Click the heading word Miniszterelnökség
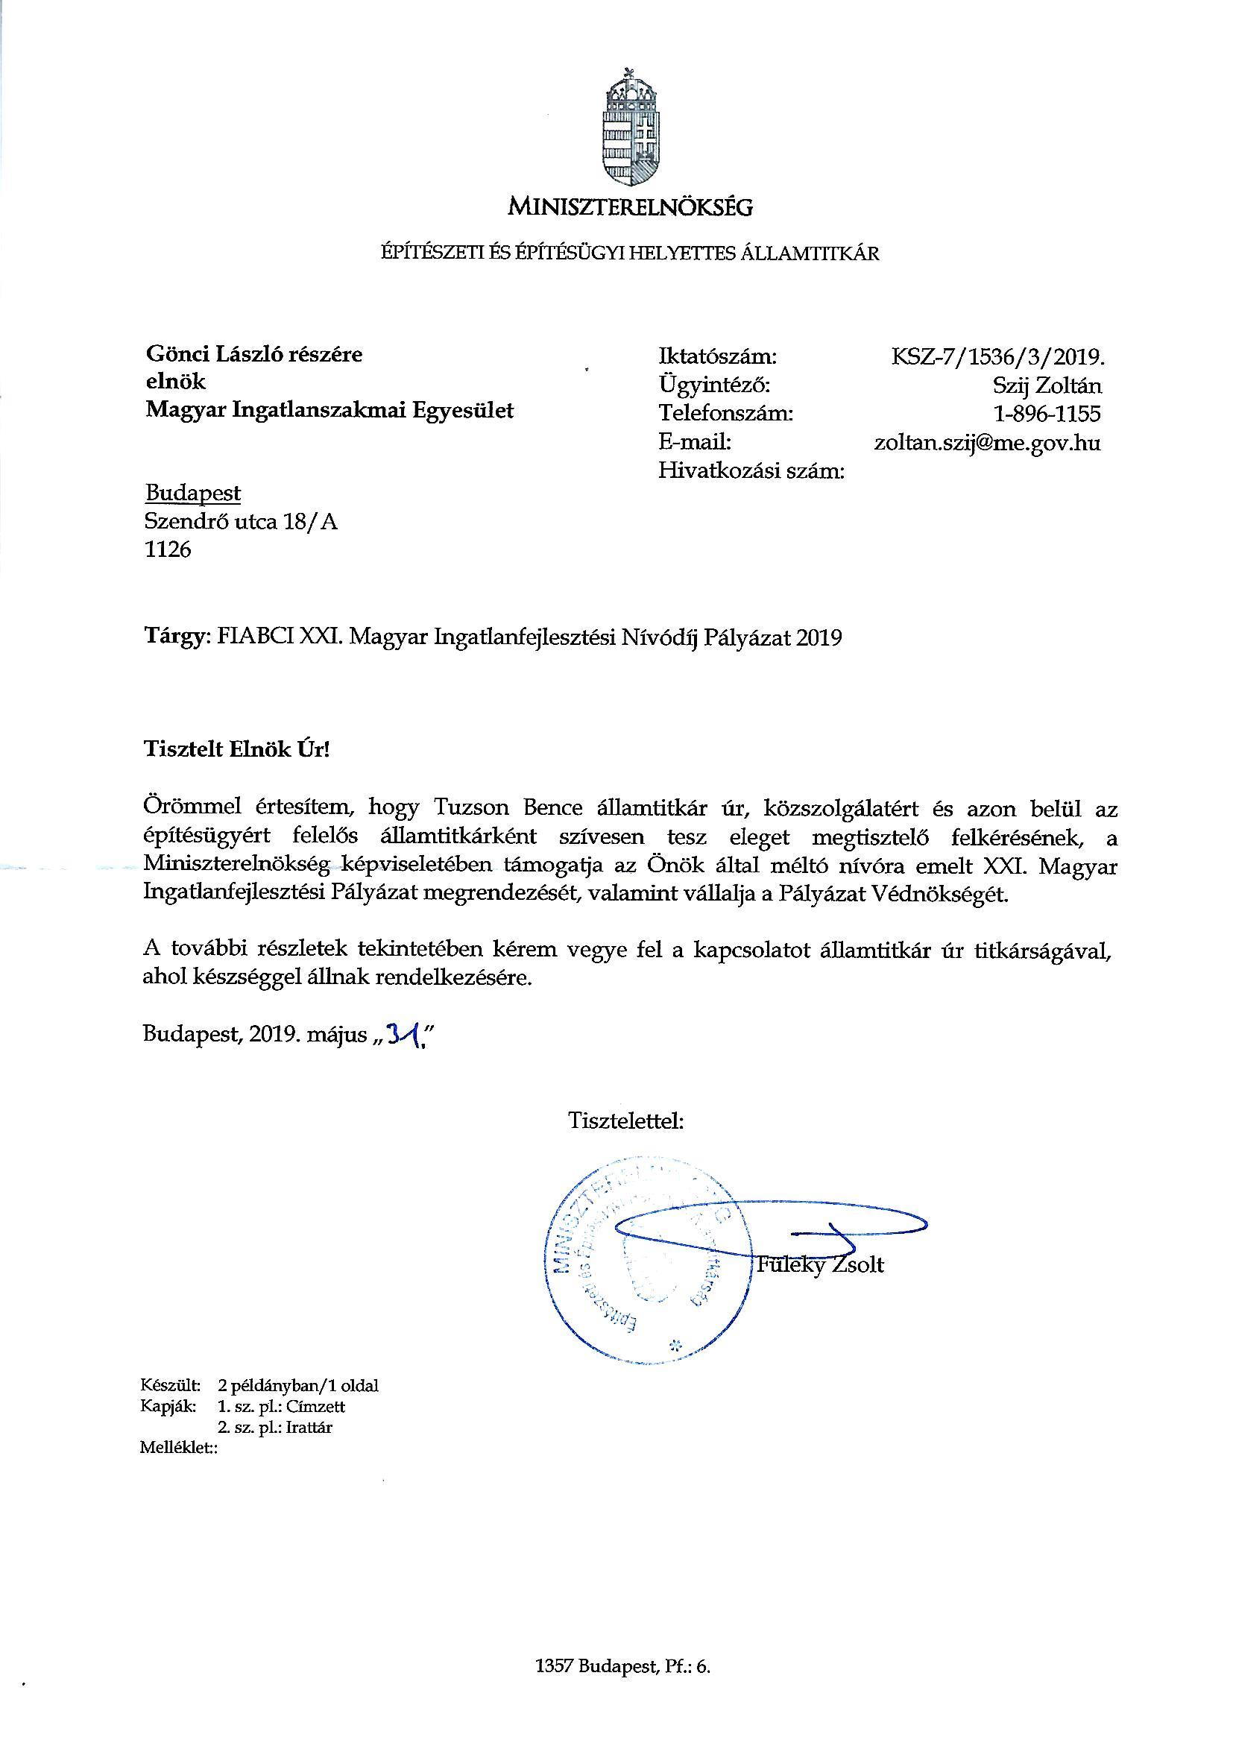click(630, 206)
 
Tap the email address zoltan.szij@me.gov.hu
click(987, 443)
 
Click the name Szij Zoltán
click(1047, 385)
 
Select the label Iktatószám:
click(717, 356)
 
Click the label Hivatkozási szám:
click(751, 471)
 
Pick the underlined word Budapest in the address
click(193, 494)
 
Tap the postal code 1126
click(168, 549)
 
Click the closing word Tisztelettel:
click(626, 1120)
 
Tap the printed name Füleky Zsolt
click(821, 1265)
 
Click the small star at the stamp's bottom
click(672, 1346)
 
